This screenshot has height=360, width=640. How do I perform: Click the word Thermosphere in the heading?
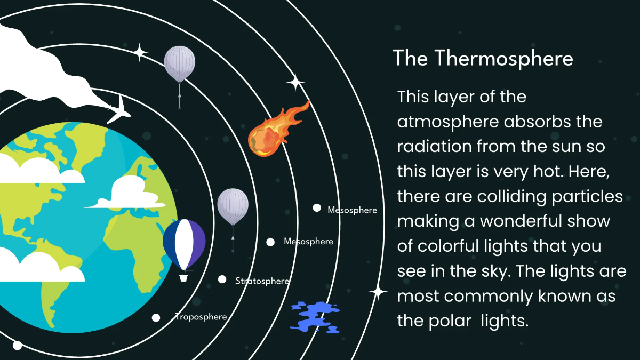point(503,58)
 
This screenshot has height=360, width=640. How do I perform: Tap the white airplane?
point(118,109)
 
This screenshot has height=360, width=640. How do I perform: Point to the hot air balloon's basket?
point(183,277)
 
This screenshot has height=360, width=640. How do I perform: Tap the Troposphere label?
point(202,317)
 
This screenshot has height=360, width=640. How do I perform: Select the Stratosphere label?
point(262,281)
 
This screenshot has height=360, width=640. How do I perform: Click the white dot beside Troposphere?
point(156,318)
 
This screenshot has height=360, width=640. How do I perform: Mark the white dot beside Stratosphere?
point(222,279)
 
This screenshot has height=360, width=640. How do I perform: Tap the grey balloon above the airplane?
point(179,64)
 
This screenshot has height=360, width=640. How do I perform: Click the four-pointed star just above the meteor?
point(295,83)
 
